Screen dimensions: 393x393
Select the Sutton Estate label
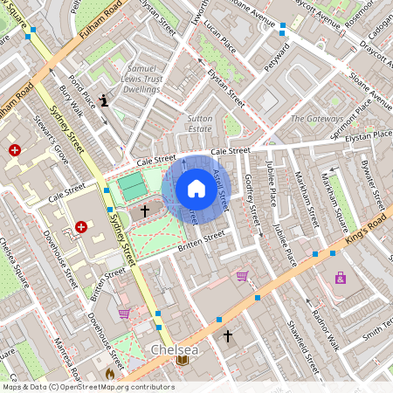200,122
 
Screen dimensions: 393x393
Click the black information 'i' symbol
105,100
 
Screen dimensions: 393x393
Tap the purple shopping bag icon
340,278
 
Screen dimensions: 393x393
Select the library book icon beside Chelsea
183,360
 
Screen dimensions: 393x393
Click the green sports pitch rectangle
133,186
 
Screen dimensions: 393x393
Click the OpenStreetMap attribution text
87,387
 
